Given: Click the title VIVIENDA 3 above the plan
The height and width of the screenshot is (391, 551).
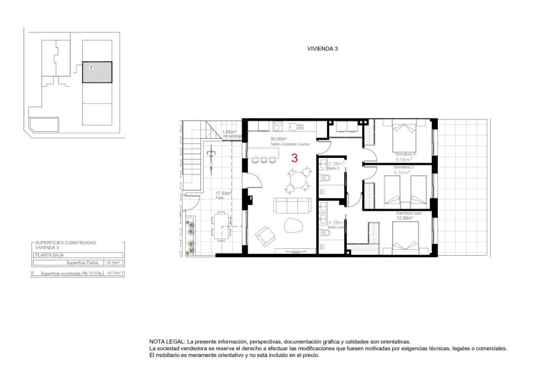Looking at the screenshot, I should click(x=322, y=49).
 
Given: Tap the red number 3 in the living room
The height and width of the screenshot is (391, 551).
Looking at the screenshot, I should click(x=294, y=158).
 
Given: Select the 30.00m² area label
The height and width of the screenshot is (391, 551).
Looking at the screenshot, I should click(x=278, y=139).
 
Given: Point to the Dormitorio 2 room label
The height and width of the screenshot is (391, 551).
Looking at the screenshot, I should click(x=405, y=155).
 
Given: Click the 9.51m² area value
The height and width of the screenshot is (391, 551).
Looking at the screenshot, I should click(x=403, y=172).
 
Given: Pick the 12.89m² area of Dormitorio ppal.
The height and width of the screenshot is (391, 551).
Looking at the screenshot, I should click(x=404, y=217).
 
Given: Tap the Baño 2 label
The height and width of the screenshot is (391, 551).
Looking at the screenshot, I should click(x=334, y=168).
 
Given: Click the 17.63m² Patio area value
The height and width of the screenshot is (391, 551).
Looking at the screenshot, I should click(x=223, y=194).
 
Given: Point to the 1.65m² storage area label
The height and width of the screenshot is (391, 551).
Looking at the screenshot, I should click(x=229, y=132).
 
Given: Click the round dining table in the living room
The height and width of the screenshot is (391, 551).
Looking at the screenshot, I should click(x=297, y=180).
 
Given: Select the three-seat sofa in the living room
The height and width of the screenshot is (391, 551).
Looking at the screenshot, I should click(x=293, y=205).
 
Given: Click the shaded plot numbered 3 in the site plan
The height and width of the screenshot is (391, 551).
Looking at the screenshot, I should click(x=97, y=73).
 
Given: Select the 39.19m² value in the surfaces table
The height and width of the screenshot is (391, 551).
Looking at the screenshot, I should click(x=113, y=263).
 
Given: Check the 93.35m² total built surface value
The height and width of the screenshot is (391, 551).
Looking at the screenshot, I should click(x=115, y=273).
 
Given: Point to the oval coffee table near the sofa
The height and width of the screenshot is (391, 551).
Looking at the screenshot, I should click(x=295, y=226).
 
